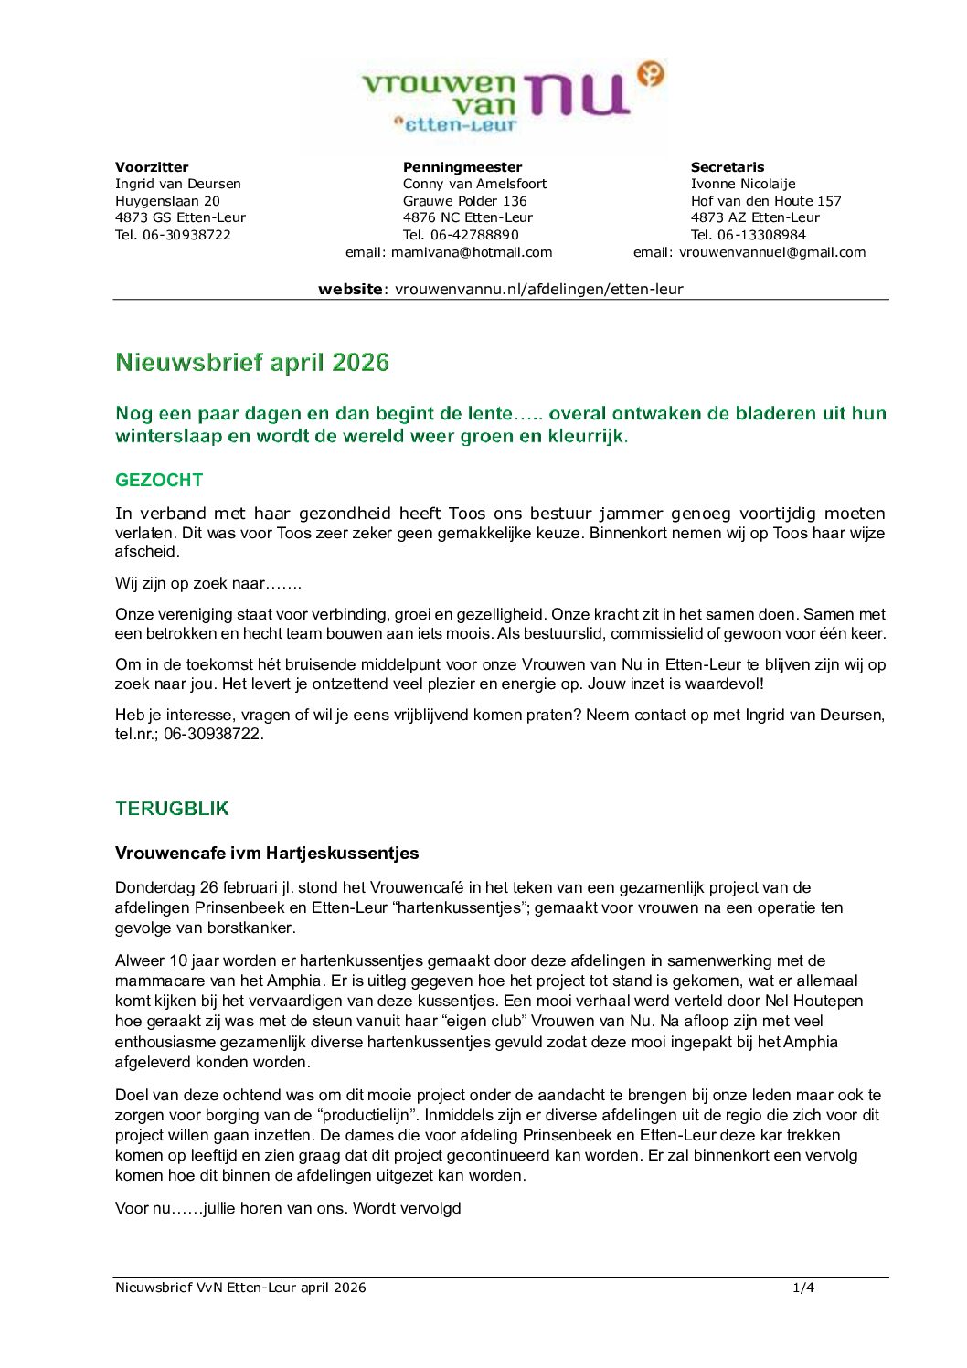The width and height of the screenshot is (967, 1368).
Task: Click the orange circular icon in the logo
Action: click(x=650, y=73)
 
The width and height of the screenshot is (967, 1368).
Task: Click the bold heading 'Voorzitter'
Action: click(x=152, y=167)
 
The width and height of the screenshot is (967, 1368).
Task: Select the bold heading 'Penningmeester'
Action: click(x=462, y=167)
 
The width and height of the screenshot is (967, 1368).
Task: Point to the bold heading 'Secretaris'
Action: click(x=728, y=167)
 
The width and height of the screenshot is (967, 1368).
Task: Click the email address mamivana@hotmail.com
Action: click(x=472, y=252)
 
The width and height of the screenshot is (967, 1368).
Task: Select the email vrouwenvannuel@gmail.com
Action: click(x=772, y=252)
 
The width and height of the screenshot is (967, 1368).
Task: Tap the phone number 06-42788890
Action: click(x=474, y=235)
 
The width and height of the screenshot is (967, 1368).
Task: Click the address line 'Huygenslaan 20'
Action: click(x=167, y=201)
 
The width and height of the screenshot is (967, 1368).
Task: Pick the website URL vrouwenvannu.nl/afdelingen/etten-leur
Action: click(x=539, y=289)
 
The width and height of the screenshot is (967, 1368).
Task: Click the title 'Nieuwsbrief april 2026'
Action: click(x=252, y=363)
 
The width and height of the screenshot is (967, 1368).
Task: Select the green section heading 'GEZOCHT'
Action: click(x=159, y=480)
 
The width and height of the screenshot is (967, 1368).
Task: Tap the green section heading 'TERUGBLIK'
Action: click(x=172, y=809)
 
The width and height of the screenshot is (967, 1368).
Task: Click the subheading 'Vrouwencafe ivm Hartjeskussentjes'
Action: click(x=267, y=854)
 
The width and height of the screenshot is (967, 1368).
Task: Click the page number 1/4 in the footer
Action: click(x=803, y=1288)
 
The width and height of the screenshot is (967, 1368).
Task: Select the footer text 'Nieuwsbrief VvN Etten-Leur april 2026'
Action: click(x=240, y=1288)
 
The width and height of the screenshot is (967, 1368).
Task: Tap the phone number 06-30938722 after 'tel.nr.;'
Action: click(x=213, y=734)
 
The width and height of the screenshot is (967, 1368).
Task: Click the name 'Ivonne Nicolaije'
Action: click(x=743, y=184)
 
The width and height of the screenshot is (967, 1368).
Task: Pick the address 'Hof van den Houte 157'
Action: click(x=766, y=201)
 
